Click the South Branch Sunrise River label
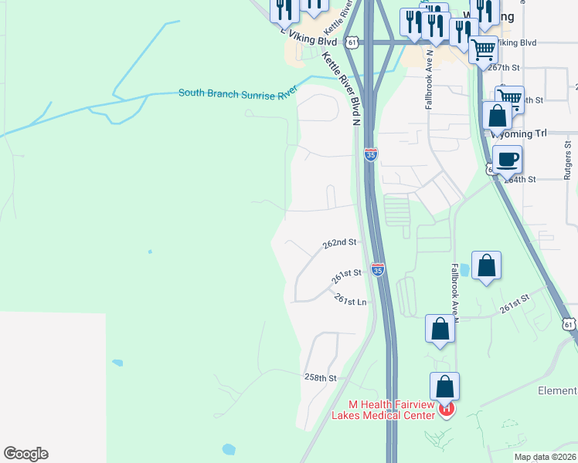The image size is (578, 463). point(238,93)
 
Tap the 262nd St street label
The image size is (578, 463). point(340,242)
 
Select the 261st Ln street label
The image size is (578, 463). point(350,299)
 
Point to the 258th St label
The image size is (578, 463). point(321,378)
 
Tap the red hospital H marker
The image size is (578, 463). point(446,409)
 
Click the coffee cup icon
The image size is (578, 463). point(506,160)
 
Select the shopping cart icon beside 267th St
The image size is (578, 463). point(484,49)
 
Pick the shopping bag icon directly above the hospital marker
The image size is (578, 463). point(444,386)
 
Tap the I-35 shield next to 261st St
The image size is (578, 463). point(377,269)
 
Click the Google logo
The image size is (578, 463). point(25,454)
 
